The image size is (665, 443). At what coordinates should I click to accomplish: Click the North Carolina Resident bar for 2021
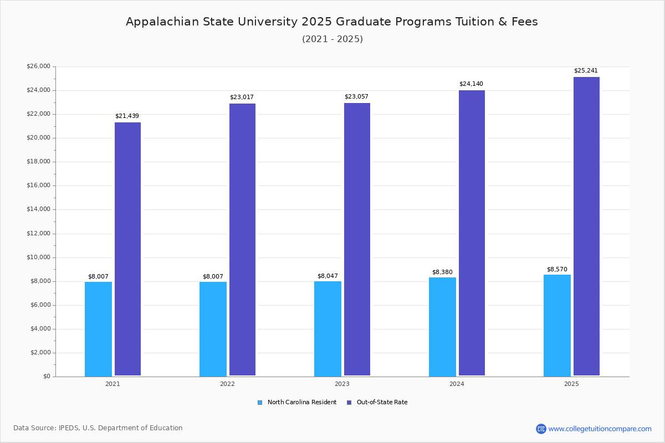click(98, 329)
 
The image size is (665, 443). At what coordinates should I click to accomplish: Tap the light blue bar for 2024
click(442, 327)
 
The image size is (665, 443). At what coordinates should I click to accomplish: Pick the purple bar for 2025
click(586, 226)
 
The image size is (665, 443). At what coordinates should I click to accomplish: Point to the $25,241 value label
click(586, 71)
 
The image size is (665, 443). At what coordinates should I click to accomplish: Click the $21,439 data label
click(127, 116)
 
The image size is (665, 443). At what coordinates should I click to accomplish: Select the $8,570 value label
click(557, 270)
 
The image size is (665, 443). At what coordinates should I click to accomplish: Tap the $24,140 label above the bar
click(471, 84)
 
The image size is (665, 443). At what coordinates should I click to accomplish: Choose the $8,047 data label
click(328, 276)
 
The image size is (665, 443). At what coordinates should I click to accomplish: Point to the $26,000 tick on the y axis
click(38, 66)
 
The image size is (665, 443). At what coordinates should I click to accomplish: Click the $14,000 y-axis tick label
click(38, 209)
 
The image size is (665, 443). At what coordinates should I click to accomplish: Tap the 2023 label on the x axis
click(342, 384)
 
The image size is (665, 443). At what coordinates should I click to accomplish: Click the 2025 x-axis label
click(571, 384)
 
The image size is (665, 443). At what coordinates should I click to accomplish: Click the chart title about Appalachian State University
click(332, 22)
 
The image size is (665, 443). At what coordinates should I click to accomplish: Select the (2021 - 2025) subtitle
click(332, 39)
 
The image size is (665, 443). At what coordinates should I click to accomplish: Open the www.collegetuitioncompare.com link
click(600, 429)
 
